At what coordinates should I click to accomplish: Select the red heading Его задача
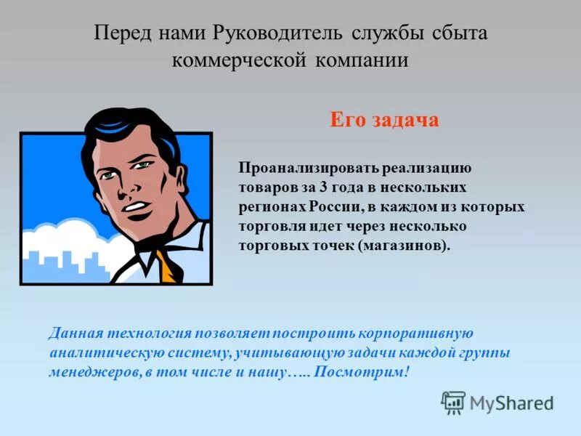click(x=384, y=120)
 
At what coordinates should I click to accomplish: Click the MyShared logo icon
click(x=453, y=403)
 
